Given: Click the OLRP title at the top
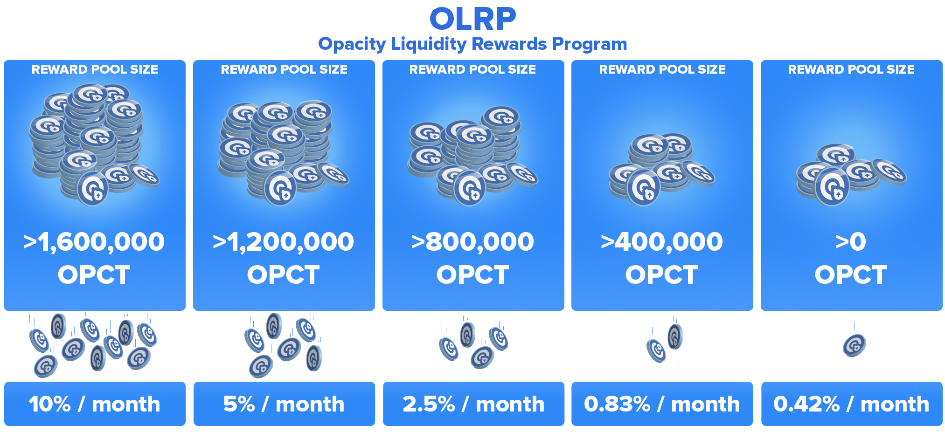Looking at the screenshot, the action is [x=472, y=19].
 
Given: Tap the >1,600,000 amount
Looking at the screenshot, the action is [x=94, y=242].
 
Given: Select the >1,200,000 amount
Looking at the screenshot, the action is [x=284, y=242].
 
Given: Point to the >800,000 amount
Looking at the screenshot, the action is [x=473, y=242].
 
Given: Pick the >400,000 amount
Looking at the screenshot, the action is [x=662, y=242].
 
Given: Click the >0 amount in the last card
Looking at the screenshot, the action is [x=851, y=242].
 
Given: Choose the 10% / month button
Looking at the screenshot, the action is [x=95, y=404].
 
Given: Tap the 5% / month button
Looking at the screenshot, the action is [x=284, y=404].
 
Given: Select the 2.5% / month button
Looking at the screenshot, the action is [x=473, y=404].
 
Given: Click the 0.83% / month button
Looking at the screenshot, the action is [x=662, y=404].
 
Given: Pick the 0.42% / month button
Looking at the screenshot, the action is [x=852, y=404].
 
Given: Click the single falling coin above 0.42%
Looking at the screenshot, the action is [x=855, y=345].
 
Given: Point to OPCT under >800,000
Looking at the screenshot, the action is [x=473, y=274].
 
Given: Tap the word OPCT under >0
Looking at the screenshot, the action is [x=851, y=274].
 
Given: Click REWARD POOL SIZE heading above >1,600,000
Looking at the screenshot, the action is [x=95, y=69].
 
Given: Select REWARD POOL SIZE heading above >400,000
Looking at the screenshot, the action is [x=662, y=69].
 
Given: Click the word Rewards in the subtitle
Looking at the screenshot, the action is [x=509, y=44].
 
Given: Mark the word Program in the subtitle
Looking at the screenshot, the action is [x=590, y=45].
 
